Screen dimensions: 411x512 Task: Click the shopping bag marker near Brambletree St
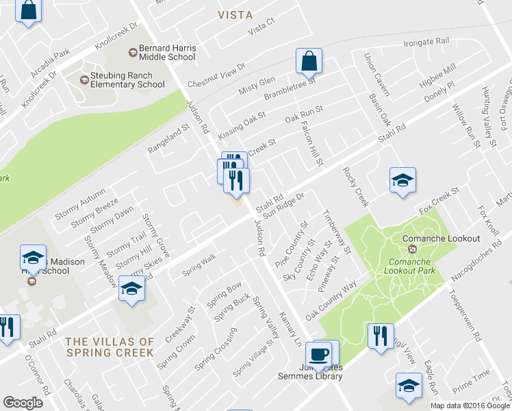click(309, 61)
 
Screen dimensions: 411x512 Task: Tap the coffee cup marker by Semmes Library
click(319, 353)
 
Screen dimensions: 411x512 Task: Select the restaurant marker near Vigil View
click(380, 336)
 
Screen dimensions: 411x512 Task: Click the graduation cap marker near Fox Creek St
click(402, 180)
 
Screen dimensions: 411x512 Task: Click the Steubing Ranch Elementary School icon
click(84, 79)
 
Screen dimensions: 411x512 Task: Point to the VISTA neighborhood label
click(235, 14)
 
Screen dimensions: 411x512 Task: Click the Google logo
click(23, 403)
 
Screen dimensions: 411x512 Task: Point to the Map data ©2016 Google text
click(470, 406)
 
